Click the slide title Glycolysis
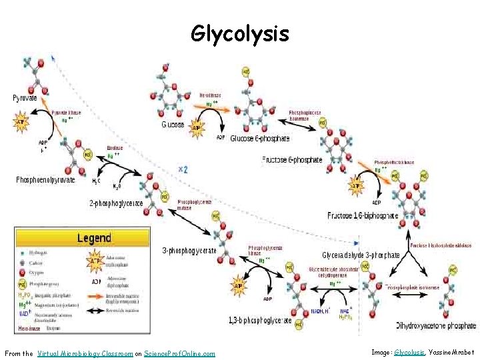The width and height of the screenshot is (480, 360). click(239, 33)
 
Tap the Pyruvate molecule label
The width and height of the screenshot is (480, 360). click(25, 98)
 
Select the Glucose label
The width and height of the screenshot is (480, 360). click(173, 125)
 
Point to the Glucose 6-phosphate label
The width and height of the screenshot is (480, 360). click(259, 139)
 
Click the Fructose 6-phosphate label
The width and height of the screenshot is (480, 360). click(292, 160)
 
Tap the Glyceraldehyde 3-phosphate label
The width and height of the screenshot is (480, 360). click(361, 255)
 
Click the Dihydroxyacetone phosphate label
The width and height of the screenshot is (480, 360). click(436, 326)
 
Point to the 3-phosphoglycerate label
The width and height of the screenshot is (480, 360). click(189, 251)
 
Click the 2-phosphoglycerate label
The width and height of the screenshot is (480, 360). click(116, 203)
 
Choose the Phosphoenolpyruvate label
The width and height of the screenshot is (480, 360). click(45, 180)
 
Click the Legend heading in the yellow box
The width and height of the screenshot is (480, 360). click(94, 238)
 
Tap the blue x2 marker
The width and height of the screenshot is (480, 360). click(183, 169)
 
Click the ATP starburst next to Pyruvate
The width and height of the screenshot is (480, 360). click(21, 123)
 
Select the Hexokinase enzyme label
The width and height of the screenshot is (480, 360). click(212, 95)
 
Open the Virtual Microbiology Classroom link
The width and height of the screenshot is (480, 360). click(85, 353)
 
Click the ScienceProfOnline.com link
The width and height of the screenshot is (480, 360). click(179, 353)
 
